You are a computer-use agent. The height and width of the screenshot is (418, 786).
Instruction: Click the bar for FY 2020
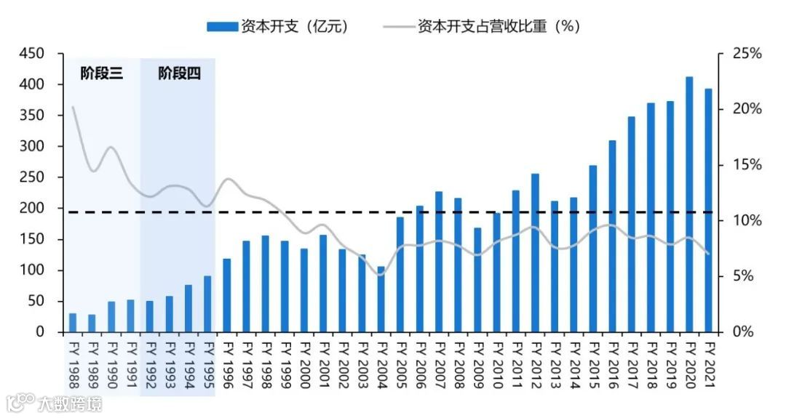pyautogui.click(x=689, y=204)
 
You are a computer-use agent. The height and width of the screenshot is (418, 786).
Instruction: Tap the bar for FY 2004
pyautogui.click(x=381, y=299)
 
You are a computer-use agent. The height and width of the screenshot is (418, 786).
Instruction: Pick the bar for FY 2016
pyautogui.click(x=612, y=236)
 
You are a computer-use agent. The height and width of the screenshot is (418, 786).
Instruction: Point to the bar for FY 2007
pyautogui.click(x=439, y=262)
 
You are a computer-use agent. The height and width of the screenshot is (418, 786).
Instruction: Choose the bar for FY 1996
pyautogui.click(x=226, y=295)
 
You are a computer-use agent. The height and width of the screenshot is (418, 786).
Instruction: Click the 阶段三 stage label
pyautogui.click(x=101, y=73)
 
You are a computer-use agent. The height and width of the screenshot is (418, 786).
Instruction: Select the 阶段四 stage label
pyautogui.click(x=179, y=73)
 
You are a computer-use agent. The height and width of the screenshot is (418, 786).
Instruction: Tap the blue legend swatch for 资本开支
pyautogui.click(x=222, y=27)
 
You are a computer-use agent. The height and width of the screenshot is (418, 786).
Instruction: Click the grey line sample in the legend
pyautogui.click(x=398, y=27)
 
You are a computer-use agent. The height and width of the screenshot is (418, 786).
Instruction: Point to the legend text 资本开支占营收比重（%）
pyautogui.click(x=499, y=27)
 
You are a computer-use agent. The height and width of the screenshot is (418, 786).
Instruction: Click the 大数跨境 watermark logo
pyautogui.click(x=55, y=402)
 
